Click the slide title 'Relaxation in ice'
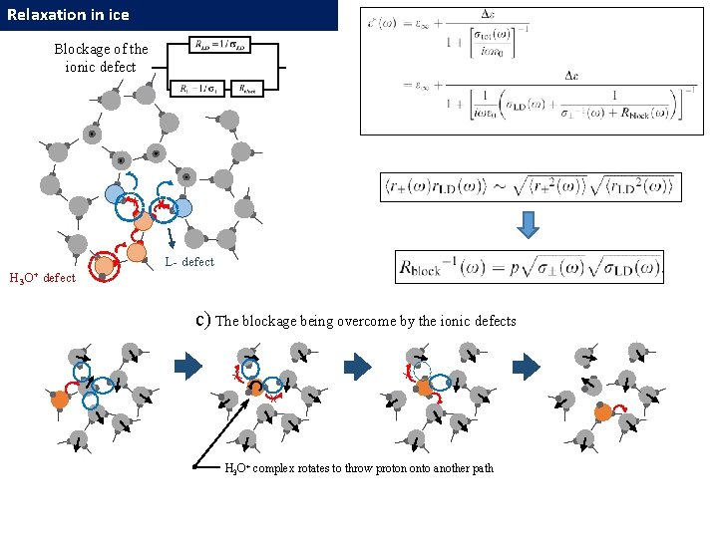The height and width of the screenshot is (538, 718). pyautogui.click(x=68, y=15)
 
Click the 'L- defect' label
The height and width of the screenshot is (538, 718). pyautogui.click(x=189, y=262)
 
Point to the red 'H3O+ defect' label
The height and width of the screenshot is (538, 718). pyautogui.click(x=42, y=278)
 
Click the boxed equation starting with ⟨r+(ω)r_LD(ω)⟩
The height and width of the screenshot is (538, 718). pyautogui.click(x=530, y=187)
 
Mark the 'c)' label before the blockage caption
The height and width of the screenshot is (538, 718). pyautogui.click(x=202, y=320)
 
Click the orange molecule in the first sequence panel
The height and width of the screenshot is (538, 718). pyautogui.click(x=61, y=399)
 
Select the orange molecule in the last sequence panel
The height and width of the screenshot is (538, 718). pyautogui.click(x=602, y=411)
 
